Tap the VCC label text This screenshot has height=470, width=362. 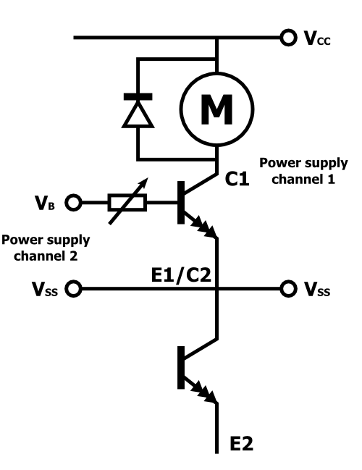click(x=317, y=38)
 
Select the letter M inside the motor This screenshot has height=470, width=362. click(x=216, y=109)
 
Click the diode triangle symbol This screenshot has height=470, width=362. click(x=138, y=114)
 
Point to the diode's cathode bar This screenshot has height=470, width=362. click(x=138, y=96)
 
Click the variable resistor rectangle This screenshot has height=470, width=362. click(x=127, y=203)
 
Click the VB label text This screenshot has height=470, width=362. click(x=45, y=203)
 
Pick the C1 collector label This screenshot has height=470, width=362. click(x=237, y=179)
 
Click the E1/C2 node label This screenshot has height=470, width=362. click(x=181, y=275)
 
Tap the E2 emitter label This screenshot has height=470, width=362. click(x=242, y=444)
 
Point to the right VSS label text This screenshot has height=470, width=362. click(x=317, y=289)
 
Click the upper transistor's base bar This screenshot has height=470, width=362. click(x=181, y=202)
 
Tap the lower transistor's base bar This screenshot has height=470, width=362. click(x=181, y=367)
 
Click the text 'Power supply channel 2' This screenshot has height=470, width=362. click(x=46, y=248)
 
